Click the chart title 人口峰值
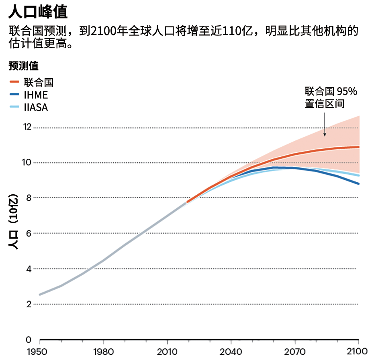coord(38,12)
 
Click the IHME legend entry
coord(36,95)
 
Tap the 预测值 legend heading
coord(23,66)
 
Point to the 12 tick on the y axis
coord(27,128)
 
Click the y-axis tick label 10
coord(27,163)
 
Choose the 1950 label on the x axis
coord(39,352)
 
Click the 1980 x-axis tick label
coord(103,352)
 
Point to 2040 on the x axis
coord(231,352)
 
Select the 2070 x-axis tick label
coord(294,352)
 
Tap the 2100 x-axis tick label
coord(358,352)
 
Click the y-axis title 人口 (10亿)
coord(14,223)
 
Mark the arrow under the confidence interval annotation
coord(325,125)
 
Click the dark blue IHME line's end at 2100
coord(358,184)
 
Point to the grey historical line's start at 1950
coord(39,294)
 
